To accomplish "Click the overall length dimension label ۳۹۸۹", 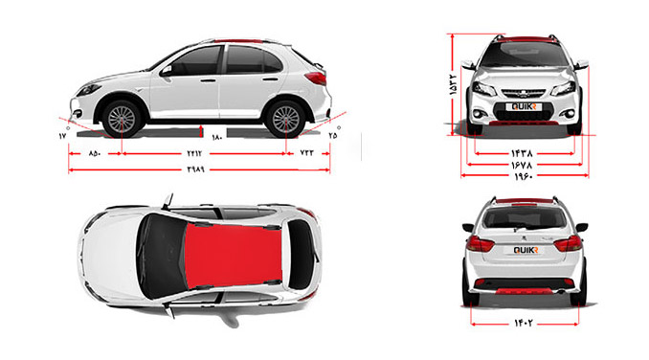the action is point(196,169).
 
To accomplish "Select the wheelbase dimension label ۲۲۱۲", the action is point(194,153).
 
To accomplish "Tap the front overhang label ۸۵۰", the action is point(95,153).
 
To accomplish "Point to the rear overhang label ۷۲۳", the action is point(306,153).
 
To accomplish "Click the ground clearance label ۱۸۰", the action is point(217,137).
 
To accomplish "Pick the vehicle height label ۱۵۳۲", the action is point(454,85).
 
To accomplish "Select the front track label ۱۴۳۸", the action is point(522,153).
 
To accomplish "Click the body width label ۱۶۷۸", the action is point(522,165).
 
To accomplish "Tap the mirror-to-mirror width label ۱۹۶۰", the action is point(524,176).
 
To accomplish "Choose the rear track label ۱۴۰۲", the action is point(524,323).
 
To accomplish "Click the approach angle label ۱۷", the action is point(62,136).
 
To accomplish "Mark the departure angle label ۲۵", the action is point(333,135).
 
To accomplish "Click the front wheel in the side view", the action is point(122,119).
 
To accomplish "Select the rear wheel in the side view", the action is point(285,119).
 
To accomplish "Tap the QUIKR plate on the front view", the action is point(524,107).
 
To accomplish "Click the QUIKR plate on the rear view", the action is point(526,250).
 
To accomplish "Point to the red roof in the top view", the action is point(234,256).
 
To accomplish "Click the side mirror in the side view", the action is point(167,70).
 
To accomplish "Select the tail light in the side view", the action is point(316,78).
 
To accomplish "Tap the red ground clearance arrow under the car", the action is point(201,131).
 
